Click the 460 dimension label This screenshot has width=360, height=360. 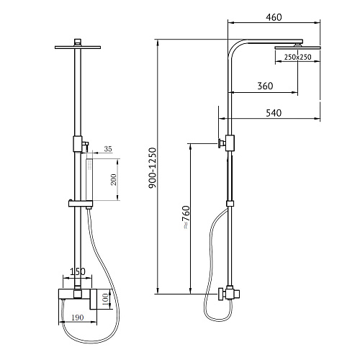[274, 17]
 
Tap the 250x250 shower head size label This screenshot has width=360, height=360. [297, 57]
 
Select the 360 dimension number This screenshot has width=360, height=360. [265, 86]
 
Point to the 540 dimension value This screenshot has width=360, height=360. [274, 113]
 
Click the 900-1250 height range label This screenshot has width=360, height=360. [152, 168]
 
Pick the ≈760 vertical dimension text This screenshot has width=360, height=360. [186, 217]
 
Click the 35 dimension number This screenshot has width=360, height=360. [108, 149]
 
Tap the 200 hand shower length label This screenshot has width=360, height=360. [114, 179]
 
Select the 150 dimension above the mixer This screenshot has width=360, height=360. [77, 271]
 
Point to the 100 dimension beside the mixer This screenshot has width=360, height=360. [105, 299]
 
